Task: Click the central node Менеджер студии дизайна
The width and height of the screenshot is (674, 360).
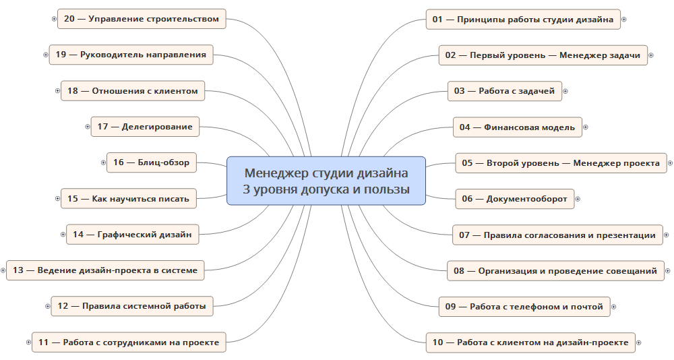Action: (x=326, y=181)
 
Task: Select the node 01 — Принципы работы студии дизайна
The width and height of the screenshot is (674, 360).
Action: (x=523, y=20)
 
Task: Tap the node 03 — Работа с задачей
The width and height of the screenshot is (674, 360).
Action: (x=505, y=91)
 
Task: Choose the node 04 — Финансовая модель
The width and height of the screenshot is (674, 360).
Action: (x=518, y=127)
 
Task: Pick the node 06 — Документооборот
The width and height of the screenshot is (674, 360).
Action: (x=515, y=199)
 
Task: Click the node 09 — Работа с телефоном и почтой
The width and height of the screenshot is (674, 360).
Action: (x=524, y=307)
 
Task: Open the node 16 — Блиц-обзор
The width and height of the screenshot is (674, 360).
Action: (x=151, y=162)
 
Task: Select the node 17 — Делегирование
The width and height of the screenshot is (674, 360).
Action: (x=146, y=127)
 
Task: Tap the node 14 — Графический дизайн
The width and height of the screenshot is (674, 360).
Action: (x=132, y=235)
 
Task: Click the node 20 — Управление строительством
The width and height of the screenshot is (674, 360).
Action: (x=142, y=19)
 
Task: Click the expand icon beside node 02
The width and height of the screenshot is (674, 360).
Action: (x=651, y=55)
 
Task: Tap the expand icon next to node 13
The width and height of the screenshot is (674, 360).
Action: (x=3, y=270)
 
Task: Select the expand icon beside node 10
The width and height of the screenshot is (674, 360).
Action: (x=639, y=342)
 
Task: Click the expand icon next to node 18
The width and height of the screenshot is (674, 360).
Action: (x=57, y=91)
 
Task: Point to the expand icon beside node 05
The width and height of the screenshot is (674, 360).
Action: (x=670, y=163)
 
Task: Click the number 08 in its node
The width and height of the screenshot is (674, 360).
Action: (x=459, y=271)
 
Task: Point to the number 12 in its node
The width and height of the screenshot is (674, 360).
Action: (x=63, y=306)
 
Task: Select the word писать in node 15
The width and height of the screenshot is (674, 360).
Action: (x=175, y=199)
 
